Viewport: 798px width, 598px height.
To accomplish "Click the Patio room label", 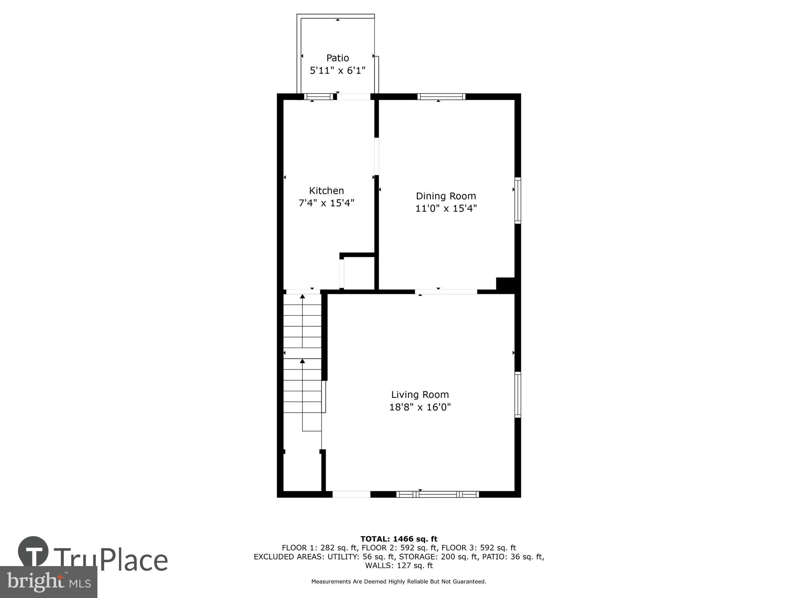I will [x=337, y=58].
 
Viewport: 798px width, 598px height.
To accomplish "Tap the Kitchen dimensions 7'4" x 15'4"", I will [x=326, y=203].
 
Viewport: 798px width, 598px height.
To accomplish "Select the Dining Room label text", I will [x=446, y=196].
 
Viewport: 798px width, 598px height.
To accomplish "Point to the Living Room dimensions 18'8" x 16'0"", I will [x=420, y=407].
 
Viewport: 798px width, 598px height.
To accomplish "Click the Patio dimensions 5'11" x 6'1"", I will [x=337, y=71].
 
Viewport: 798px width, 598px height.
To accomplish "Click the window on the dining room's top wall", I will [x=441, y=97].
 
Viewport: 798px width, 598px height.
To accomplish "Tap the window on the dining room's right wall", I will [x=517, y=201].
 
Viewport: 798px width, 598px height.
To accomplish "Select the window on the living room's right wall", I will [x=517, y=395].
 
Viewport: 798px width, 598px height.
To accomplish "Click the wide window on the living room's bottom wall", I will [x=438, y=494].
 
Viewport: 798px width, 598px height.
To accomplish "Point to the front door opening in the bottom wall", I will [x=351, y=494].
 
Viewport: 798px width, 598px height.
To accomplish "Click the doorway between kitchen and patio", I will [x=353, y=97].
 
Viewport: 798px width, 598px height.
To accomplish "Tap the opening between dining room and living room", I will [x=446, y=292].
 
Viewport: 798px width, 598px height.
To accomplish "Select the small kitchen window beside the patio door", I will [x=318, y=97].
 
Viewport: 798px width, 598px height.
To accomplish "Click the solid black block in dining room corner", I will [x=505, y=284].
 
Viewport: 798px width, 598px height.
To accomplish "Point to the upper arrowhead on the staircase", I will [x=302, y=297].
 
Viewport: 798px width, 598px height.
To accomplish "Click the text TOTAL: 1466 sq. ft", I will [x=399, y=539].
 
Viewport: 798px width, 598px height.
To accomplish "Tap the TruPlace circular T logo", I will [x=33, y=551].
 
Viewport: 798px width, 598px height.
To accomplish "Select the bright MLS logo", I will [x=48, y=582].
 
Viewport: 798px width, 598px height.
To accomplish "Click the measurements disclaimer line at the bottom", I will [x=399, y=582].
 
